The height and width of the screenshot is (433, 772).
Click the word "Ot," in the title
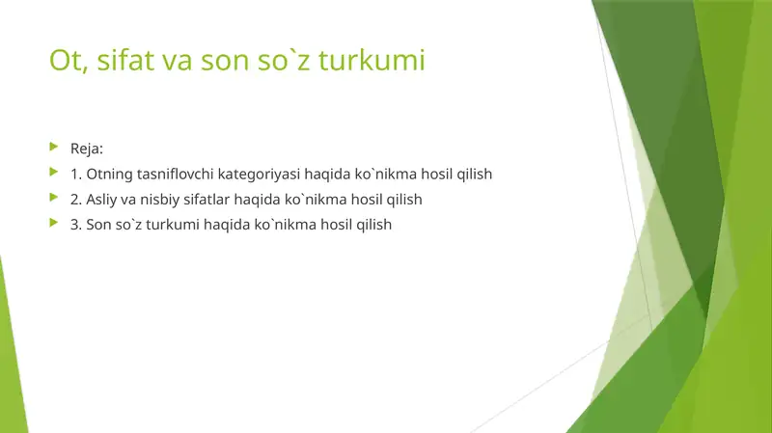66,62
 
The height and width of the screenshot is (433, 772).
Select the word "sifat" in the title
118,62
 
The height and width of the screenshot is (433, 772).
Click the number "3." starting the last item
76,225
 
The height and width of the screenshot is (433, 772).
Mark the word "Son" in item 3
99,225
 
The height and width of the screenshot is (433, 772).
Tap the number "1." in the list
76,175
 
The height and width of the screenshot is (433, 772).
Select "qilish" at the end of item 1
474,175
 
